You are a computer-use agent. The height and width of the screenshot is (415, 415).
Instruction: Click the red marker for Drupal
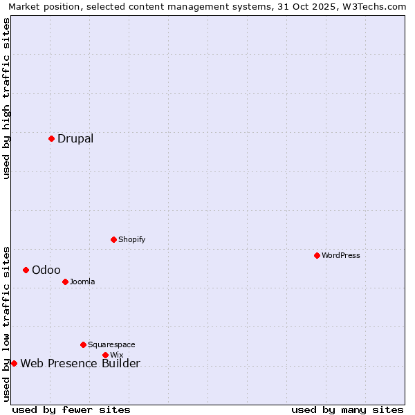click(51, 138)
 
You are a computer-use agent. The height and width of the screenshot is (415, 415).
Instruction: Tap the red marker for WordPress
click(317, 255)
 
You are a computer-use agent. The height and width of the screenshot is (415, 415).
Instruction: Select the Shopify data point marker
click(113, 239)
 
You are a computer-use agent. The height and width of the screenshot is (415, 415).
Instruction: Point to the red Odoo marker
click(26, 270)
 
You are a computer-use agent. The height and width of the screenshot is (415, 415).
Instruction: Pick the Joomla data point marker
click(65, 282)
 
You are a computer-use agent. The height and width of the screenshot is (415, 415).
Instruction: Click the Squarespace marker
click(83, 344)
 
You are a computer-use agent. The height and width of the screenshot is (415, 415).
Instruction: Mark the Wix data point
click(105, 355)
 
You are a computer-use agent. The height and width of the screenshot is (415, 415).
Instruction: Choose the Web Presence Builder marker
click(14, 363)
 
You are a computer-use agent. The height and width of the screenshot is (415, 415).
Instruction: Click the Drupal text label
click(75, 138)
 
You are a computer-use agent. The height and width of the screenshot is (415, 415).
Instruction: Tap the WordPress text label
click(341, 255)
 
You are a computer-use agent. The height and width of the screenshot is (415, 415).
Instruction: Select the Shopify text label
click(131, 239)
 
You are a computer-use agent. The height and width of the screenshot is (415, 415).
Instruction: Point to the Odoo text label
click(46, 270)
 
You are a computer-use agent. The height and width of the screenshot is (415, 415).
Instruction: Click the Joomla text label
click(82, 282)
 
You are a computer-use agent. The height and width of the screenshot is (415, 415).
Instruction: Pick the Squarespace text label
click(111, 344)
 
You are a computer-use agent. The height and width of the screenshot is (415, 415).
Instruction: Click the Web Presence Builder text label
click(80, 363)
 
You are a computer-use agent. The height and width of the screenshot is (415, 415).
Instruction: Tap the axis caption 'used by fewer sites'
click(71, 409)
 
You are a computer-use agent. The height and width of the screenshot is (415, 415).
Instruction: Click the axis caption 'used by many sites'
click(347, 409)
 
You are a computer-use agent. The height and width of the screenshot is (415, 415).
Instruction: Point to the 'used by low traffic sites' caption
click(6, 323)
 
